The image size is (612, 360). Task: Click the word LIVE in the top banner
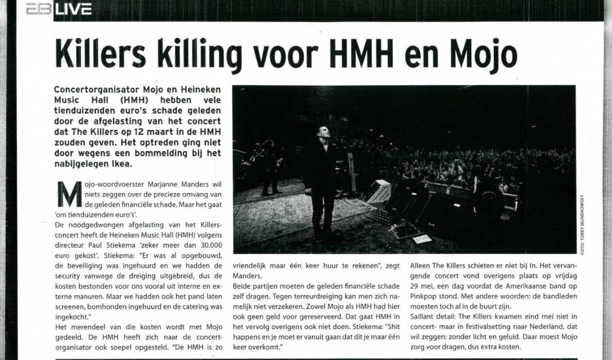(73, 9)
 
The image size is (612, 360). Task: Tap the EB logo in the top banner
(38, 9)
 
